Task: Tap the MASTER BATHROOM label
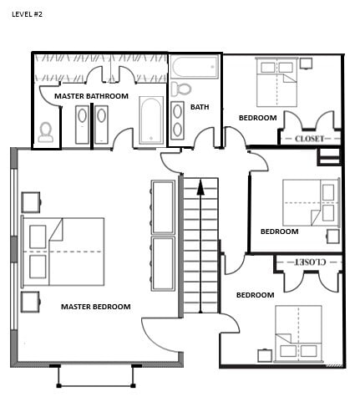91,96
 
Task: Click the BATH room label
200,107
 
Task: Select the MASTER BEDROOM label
96,307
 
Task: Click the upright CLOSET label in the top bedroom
307,139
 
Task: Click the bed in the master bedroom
63,251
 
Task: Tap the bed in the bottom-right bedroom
298,332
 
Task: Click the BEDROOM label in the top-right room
257,118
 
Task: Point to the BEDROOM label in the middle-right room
279,232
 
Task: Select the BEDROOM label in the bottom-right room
255,295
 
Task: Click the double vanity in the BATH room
178,121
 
